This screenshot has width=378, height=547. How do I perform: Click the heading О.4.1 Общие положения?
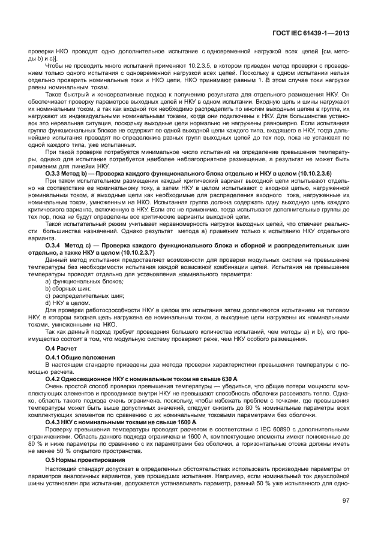[77, 356]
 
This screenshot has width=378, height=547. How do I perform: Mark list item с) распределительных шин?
[85, 296]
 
